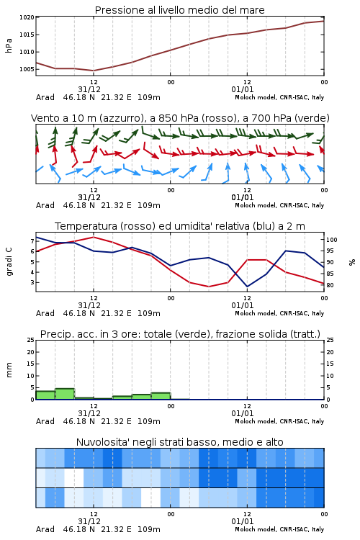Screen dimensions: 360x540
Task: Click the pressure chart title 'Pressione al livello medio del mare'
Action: pyautogui.click(x=179, y=10)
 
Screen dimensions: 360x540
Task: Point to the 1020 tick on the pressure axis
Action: pyautogui.click(x=27, y=17)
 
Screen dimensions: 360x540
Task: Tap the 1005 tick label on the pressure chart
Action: pyautogui.click(x=27, y=69)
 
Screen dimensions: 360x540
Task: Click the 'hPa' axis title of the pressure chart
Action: pyautogui.click(x=9, y=46)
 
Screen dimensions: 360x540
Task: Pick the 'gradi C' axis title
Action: pyautogui.click(x=9, y=262)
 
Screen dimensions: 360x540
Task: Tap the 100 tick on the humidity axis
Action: pyautogui.click(x=332, y=240)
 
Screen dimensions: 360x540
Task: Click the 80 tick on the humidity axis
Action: pyautogui.click(x=330, y=285)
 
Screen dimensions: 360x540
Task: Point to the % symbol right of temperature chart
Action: pyautogui.click(x=352, y=262)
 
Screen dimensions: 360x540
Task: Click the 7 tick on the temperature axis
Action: pyautogui.click(x=32, y=241)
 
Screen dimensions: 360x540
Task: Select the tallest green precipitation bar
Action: pyautogui.click(x=65, y=394)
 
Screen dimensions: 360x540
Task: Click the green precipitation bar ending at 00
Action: pyautogui.click(x=161, y=396)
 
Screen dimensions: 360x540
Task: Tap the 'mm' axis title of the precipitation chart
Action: pyautogui.click(x=9, y=370)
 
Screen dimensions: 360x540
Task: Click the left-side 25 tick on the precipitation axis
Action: pyautogui.click(x=31, y=340)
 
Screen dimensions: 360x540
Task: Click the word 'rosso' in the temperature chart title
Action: pyautogui.click(x=140, y=226)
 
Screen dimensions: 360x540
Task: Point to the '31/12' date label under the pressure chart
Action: pyautogui.click(x=89, y=89)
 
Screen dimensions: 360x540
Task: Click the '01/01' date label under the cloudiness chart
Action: pyautogui.click(x=243, y=521)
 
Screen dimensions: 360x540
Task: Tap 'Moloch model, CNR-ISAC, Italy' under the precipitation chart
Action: pyautogui.click(x=279, y=421)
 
